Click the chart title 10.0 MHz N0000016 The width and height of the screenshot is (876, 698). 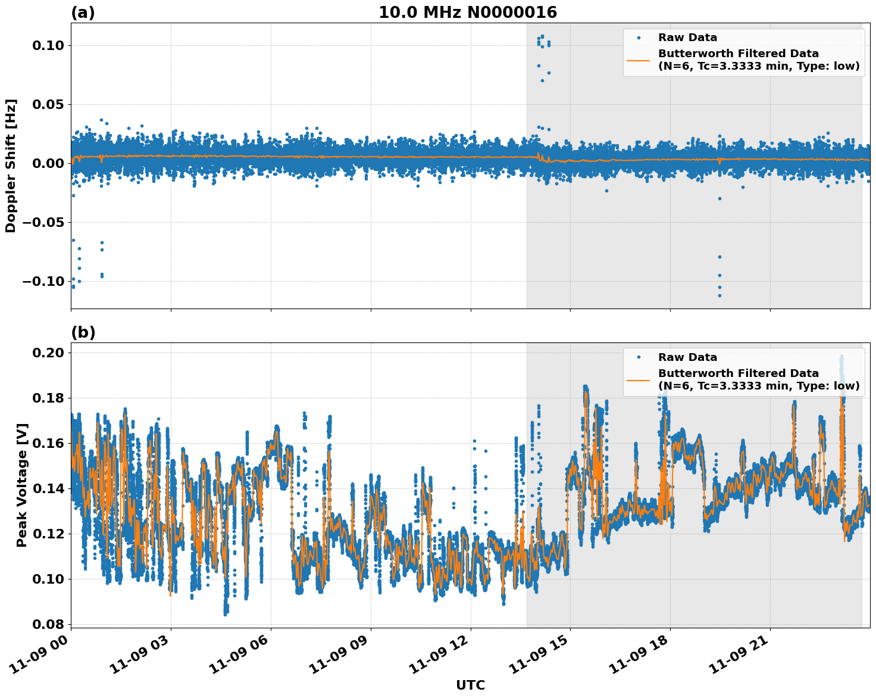468,13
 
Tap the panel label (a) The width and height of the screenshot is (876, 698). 83,13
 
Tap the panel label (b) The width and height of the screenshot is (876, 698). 83,332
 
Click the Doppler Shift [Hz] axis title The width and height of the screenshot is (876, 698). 11,166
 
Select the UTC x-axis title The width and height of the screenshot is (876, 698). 470,685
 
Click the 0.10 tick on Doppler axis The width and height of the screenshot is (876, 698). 51,46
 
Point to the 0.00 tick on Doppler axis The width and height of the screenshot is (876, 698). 51,164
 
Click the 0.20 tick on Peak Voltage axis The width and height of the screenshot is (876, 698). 51,353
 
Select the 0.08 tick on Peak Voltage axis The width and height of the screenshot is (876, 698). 51,624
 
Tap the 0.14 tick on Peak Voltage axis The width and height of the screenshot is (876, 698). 51,488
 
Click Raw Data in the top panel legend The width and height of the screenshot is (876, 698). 687,38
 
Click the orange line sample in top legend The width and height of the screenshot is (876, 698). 638,60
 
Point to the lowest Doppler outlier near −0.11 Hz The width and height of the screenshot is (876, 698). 719,295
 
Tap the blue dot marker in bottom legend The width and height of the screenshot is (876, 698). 638,357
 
